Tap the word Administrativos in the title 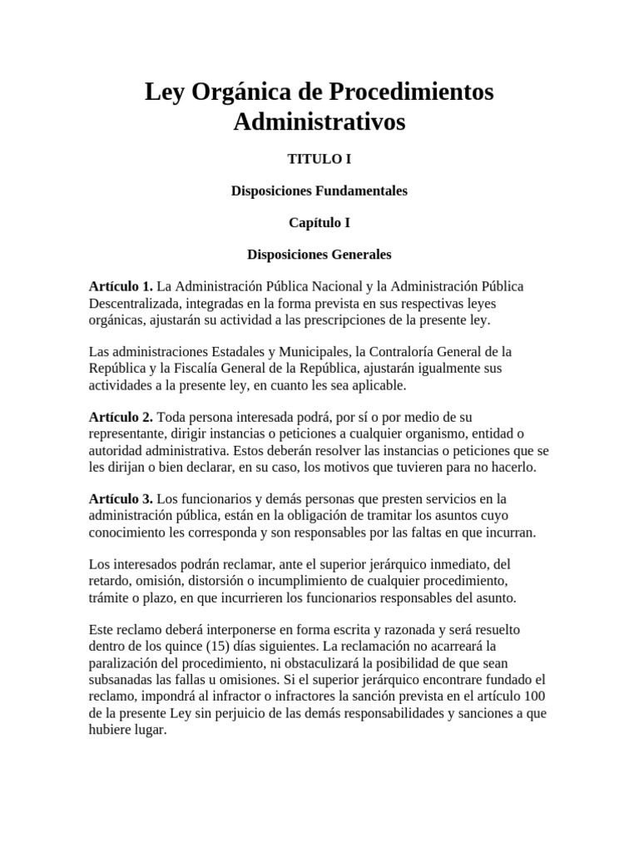click(319, 122)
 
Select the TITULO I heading click(319, 159)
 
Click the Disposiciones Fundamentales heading click(319, 191)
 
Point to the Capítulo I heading click(319, 222)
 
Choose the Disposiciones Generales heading click(319, 254)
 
